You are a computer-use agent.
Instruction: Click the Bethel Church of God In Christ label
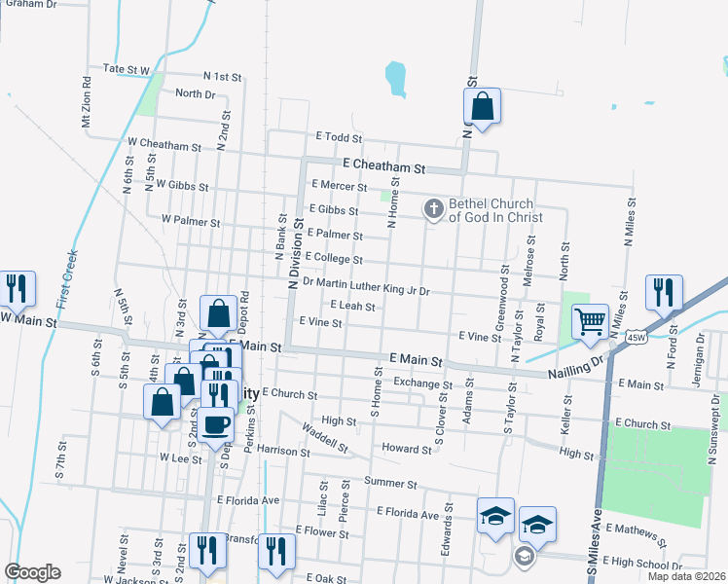click(x=495, y=210)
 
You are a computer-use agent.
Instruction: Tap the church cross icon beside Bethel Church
click(x=434, y=207)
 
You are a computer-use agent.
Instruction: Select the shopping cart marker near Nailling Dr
click(x=590, y=322)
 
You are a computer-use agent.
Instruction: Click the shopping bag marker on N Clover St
click(x=482, y=106)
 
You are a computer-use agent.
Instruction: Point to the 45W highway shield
click(x=636, y=337)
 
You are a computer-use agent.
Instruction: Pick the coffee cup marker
click(x=218, y=424)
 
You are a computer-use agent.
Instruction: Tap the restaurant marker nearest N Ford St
click(x=664, y=293)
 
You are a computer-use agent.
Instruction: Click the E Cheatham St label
click(x=383, y=167)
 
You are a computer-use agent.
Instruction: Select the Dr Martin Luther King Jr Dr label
click(x=366, y=283)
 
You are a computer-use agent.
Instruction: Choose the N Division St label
click(x=293, y=258)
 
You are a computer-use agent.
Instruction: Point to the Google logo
click(x=32, y=572)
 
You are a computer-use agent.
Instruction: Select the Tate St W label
click(x=126, y=70)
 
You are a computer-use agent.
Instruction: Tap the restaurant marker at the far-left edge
click(x=16, y=289)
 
